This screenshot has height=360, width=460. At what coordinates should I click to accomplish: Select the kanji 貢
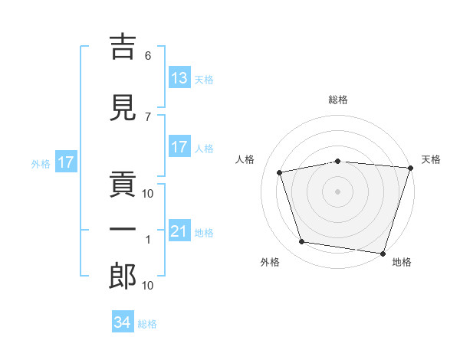[x=123, y=184]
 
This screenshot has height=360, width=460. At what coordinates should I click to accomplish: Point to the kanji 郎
[x=123, y=276]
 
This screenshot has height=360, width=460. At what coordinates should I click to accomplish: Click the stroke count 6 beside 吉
[x=148, y=56]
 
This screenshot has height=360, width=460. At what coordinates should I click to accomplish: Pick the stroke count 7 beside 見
[x=148, y=117]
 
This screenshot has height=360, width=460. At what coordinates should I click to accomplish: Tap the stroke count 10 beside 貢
[x=147, y=194]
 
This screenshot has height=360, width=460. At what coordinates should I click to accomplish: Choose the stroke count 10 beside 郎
[x=147, y=285]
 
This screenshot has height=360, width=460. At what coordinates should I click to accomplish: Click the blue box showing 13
[x=180, y=77]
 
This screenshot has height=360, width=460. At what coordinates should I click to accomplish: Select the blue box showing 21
[x=180, y=230]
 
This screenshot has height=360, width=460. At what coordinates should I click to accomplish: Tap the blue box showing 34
[x=123, y=321]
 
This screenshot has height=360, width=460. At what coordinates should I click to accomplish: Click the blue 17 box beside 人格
[x=180, y=146]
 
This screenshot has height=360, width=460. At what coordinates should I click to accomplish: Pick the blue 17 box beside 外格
[x=66, y=162]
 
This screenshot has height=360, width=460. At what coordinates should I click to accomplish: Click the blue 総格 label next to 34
[x=147, y=324]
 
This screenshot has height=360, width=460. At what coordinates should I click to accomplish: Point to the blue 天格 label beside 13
[x=204, y=80]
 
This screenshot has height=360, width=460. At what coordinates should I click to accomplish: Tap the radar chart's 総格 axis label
[x=338, y=100]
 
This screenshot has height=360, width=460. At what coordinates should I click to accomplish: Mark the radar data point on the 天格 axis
[x=411, y=168]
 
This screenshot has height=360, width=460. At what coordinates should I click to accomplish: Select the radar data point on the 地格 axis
[x=383, y=254]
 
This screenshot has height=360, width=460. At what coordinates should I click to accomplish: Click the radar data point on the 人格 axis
[x=280, y=172]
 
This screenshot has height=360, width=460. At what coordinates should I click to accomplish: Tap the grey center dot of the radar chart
[x=337, y=191]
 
